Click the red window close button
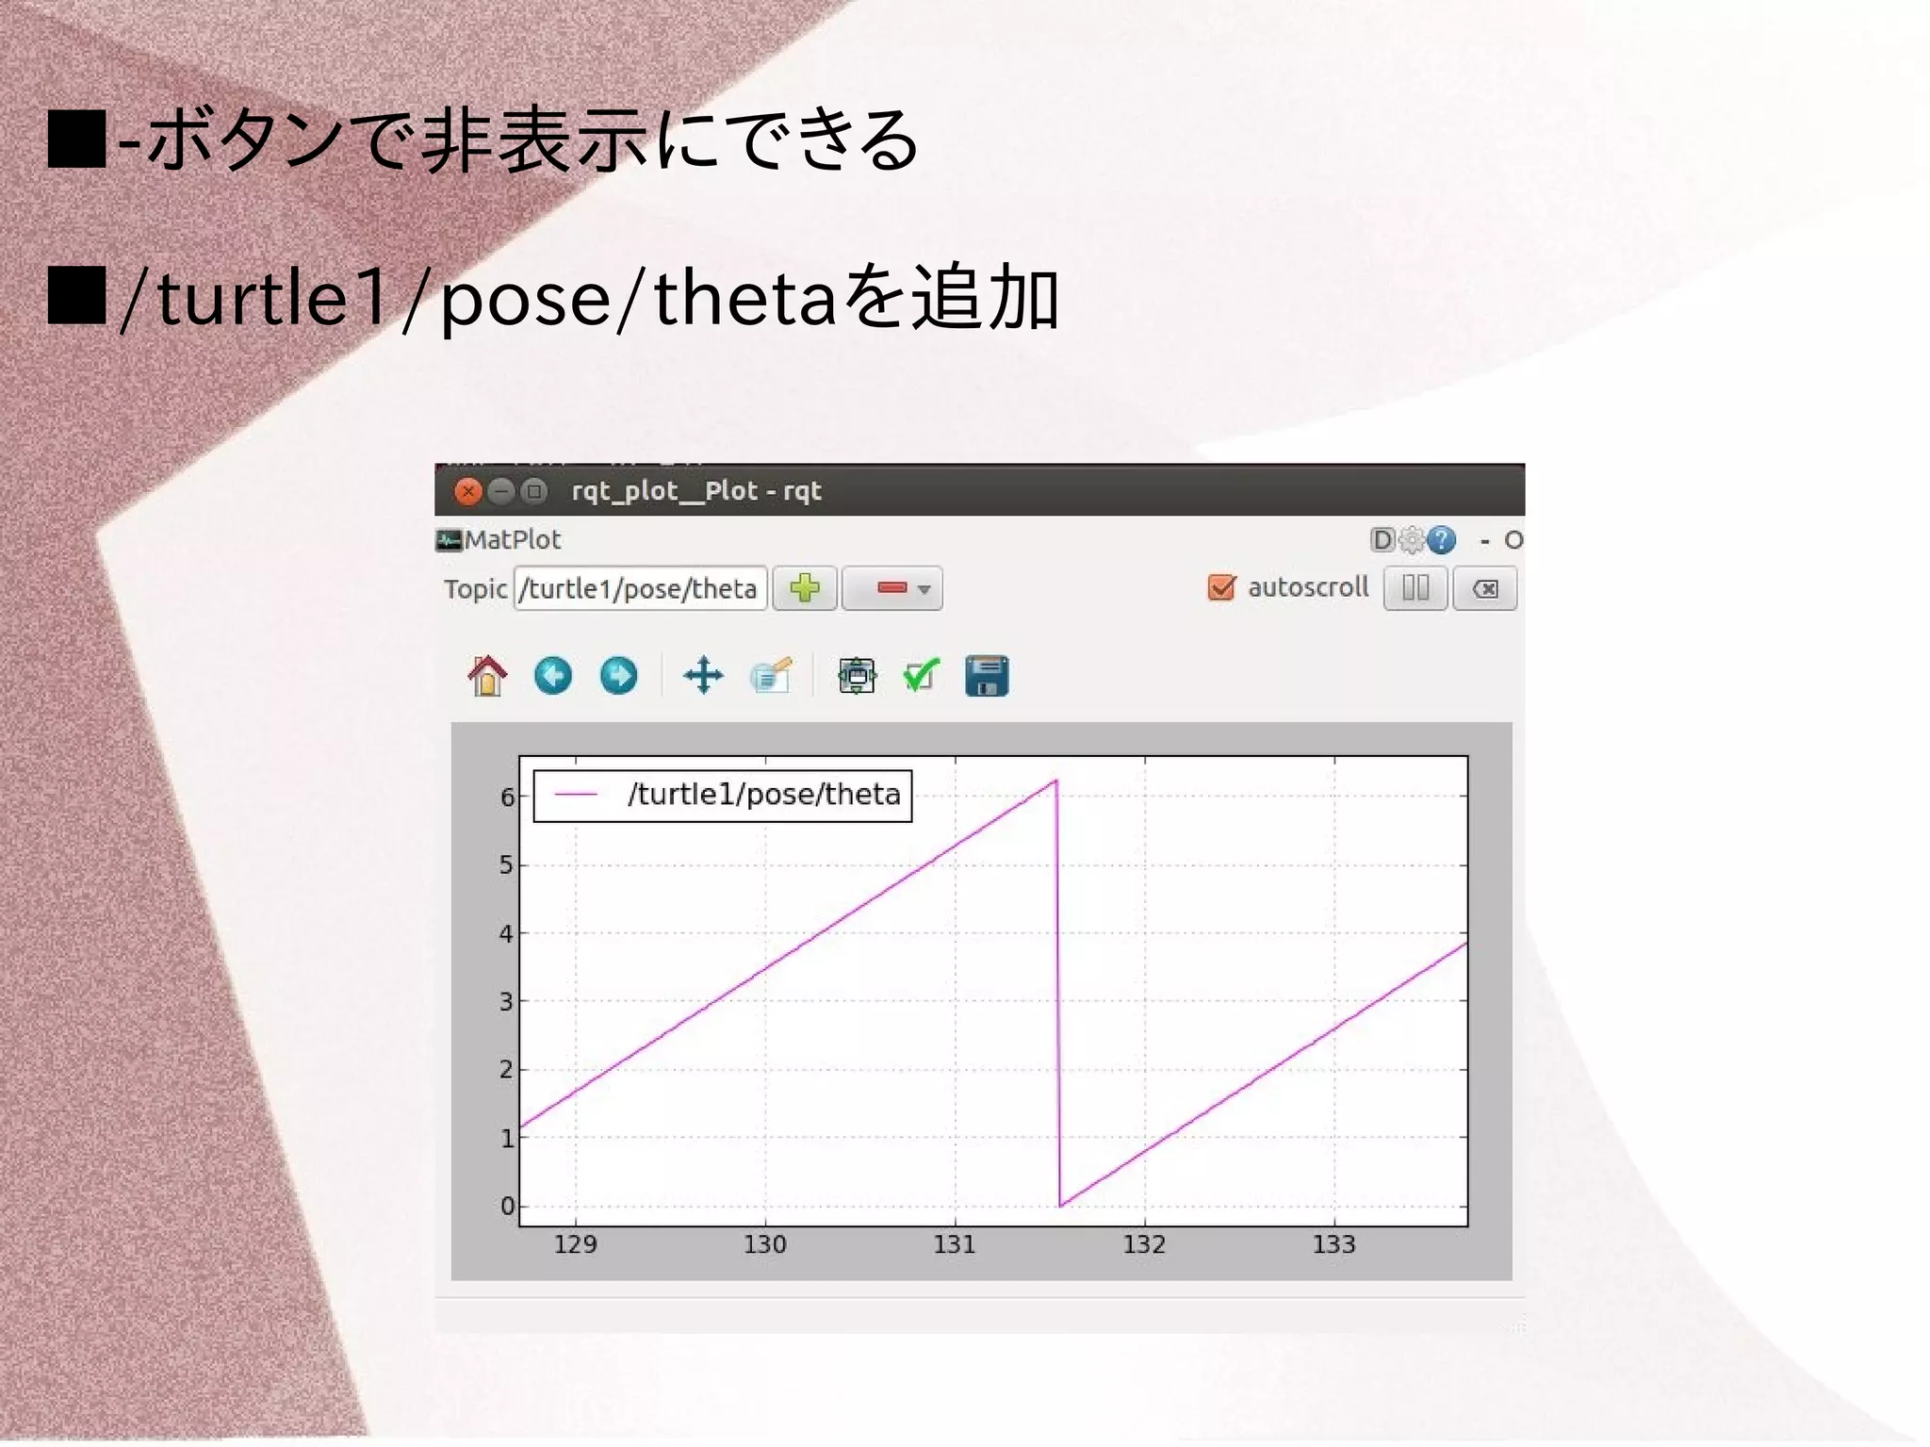pyautogui.click(x=467, y=491)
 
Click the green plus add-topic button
pyautogui.click(x=805, y=588)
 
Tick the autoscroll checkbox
pyautogui.click(x=1221, y=587)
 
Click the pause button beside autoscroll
pyautogui.click(x=1415, y=588)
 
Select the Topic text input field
pyautogui.click(x=640, y=588)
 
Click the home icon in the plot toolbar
pyautogui.click(x=487, y=676)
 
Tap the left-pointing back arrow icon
pyautogui.click(x=553, y=676)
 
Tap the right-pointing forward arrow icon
pyautogui.click(x=618, y=676)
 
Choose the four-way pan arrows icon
pyautogui.click(x=703, y=676)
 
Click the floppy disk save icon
pyautogui.click(x=987, y=676)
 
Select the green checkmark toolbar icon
pyautogui.click(x=921, y=676)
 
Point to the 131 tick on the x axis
pyautogui.click(x=955, y=1244)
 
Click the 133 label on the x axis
pyautogui.click(x=1333, y=1244)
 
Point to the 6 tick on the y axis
pyautogui.click(x=508, y=797)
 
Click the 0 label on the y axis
pyautogui.click(x=508, y=1206)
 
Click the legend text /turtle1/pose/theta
pyautogui.click(x=763, y=795)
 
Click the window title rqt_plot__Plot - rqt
pyautogui.click(x=696, y=491)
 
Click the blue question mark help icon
pyautogui.click(x=1441, y=540)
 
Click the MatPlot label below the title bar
pyautogui.click(x=512, y=540)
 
